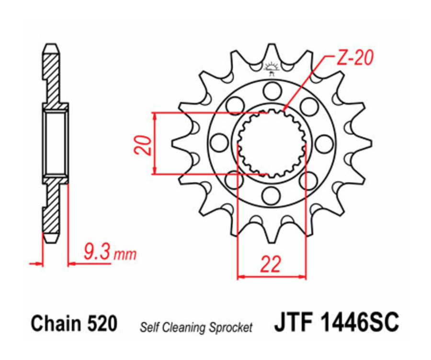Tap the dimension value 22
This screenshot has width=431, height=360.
click(271, 264)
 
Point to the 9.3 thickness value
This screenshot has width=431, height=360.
click(96, 252)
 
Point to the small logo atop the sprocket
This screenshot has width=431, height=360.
click(272, 69)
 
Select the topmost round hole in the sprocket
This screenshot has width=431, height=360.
click(272, 90)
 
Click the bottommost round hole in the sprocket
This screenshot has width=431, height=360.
click(272, 194)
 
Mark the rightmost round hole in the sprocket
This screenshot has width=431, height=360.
click(324, 142)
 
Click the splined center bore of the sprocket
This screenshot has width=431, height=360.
click(272, 142)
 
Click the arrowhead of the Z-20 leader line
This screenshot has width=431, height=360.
click(284, 111)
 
